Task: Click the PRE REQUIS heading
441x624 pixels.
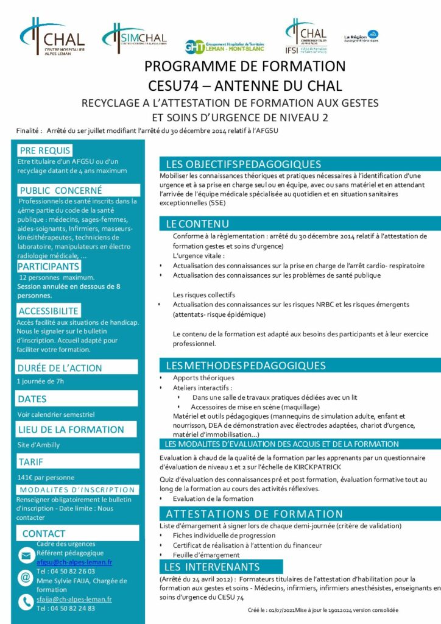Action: pos(44,151)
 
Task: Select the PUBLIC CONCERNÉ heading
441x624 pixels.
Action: pos(60,190)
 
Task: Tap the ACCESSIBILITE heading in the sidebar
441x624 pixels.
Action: pos(48,311)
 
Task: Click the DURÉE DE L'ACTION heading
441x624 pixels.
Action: pos(60,368)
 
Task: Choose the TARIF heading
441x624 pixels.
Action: pos(31,461)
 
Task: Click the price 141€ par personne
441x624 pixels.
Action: pos(46,477)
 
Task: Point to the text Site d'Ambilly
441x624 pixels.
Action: pos(39,445)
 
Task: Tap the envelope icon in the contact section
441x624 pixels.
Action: pos(26,555)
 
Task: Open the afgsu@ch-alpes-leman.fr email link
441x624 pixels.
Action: pos(74,562)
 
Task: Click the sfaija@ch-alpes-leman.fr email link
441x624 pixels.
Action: pos(74,599)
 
